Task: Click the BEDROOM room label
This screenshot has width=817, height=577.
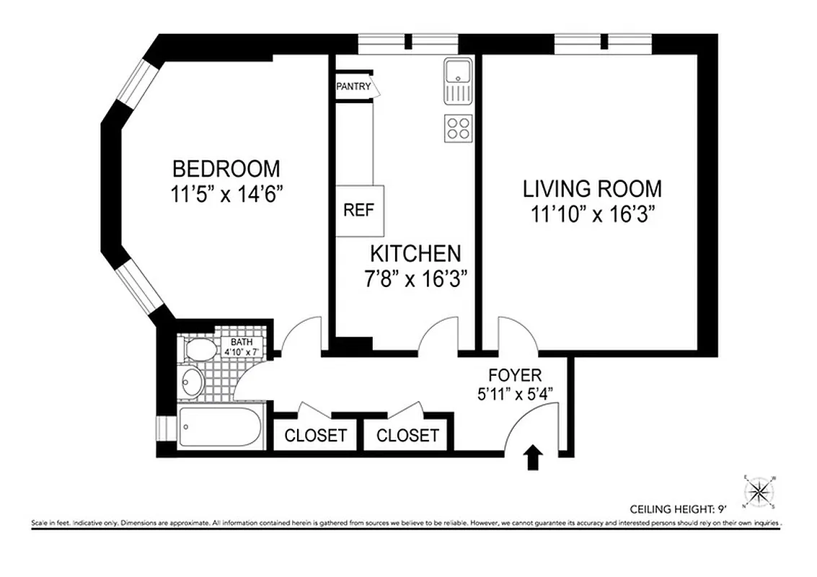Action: pos(226,169)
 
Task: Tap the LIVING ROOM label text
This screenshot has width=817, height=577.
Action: pos(592,189)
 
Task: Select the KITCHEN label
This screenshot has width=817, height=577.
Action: pos(415,253)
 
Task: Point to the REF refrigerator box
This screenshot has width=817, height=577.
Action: pos(358,211)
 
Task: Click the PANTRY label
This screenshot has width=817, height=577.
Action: pos(353,87)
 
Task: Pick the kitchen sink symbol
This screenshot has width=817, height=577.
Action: pos(457,81)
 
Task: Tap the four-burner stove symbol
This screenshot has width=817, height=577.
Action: pos(458,128)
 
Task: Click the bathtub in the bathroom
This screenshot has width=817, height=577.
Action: pos(219,431)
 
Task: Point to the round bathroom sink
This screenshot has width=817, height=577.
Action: pos(191,382)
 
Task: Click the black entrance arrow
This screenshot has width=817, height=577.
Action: pos(533,457)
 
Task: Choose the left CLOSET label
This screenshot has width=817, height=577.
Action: pos(315,436)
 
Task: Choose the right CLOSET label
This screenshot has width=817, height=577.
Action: pos(407,436)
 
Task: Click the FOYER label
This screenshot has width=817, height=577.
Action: pos(514,375)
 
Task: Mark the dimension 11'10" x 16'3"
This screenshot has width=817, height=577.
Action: pos(592,214)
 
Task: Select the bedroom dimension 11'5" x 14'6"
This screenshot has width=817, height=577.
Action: pos(226,194)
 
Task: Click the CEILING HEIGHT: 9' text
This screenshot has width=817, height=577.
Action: pos(679,508)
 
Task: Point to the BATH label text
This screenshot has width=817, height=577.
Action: pos(242,342)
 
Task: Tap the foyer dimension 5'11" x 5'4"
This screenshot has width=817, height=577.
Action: pos(514,395)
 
